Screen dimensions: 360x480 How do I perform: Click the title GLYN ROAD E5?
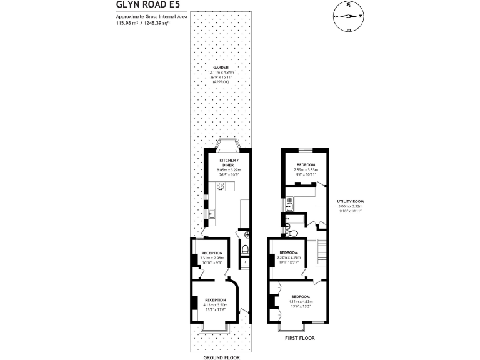coord(144,5)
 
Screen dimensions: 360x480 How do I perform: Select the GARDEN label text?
coord(220,67)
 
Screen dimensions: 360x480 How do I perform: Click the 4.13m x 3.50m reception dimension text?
coord(216,304)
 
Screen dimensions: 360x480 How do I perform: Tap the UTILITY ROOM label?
coord(351,202)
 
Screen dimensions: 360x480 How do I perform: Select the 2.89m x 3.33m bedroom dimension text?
coord(306,169)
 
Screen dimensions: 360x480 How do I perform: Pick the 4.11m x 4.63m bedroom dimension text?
coord(300,301)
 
